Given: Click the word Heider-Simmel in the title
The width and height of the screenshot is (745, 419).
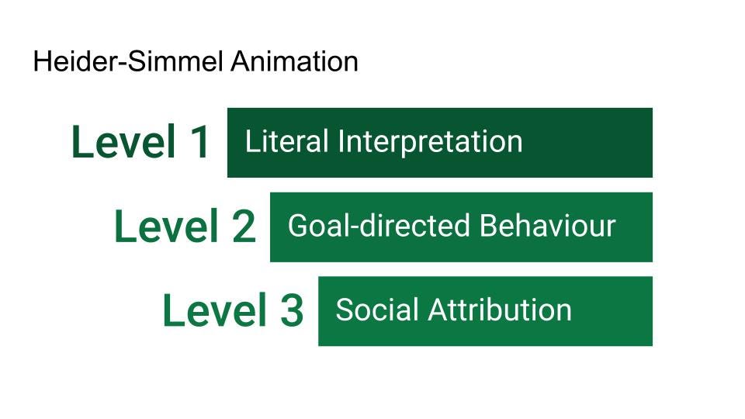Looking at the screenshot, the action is pyautogui.click(x=128, y=62).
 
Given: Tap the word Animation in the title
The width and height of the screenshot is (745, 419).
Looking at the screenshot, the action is pyautogui.click(x=295, y=62).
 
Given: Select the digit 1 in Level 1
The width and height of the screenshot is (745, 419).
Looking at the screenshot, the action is pyautogui.click(x=199, y=141).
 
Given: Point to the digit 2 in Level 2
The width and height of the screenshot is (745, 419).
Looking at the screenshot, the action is pyautogui.click(x=244, y=226).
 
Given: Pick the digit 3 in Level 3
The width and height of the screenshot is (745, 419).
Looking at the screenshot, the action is pyautogui.click(x=292, y=310).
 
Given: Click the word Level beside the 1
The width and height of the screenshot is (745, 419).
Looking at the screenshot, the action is pyautogui.click(x=123, y=141).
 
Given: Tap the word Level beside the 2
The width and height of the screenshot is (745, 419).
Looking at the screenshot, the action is pyautogui.click(x=166, y=226).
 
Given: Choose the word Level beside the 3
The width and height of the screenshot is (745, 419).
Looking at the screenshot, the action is pyautogui.click(x=214, y=310).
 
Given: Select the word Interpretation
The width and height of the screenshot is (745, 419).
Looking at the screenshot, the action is pyautogui.click(x=431, y=142).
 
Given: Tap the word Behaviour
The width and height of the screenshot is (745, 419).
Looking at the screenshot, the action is pyautogui.click(x=548, y=226).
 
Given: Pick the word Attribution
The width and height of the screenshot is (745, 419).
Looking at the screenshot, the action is pyautogui.click(x=500, y=310).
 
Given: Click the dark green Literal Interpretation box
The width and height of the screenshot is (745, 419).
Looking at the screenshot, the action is pyautogui.click(x=440, y=143).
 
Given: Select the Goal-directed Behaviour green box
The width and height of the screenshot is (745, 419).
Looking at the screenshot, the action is pyautogui.click(x=461, y=227).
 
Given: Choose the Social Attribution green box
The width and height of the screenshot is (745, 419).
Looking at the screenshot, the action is pyautogui.click(x=485, y=311).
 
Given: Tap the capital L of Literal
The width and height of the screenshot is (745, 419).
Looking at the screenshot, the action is pyautogui.click(x=253, y=141).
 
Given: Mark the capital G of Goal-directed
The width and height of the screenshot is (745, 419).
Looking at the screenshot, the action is pyautogui.click(x=299, y=226).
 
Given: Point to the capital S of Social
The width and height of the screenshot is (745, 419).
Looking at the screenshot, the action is pyautogui.click(x=345, y=310).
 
